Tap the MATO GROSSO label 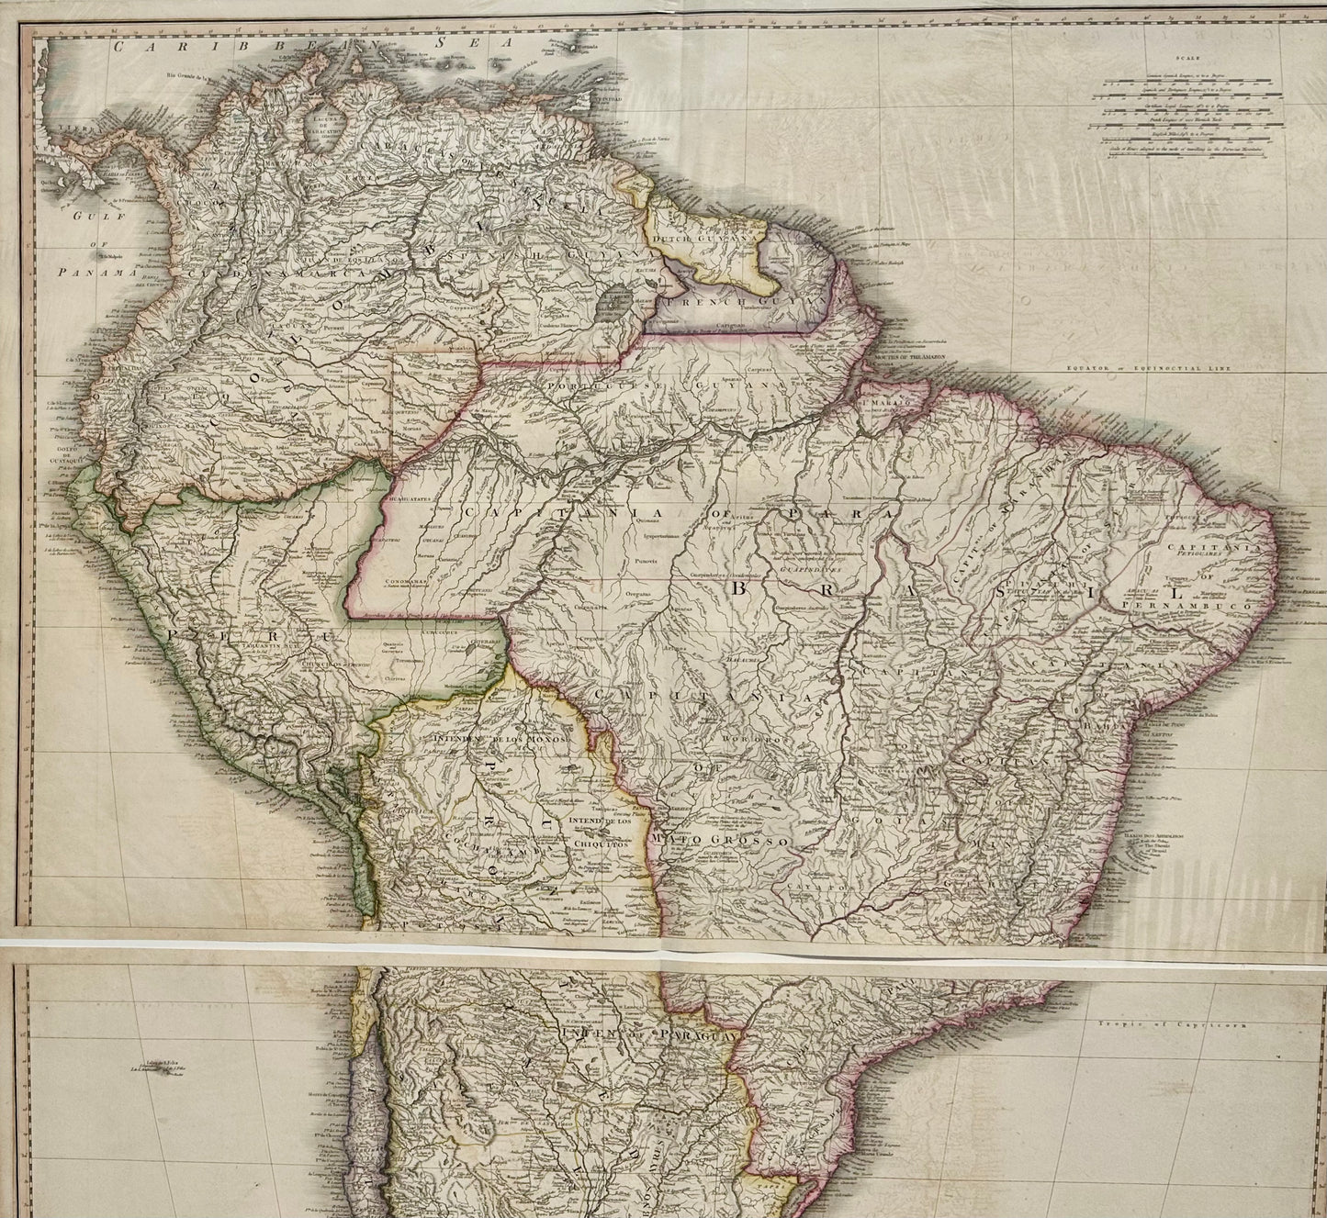(720, 841)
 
